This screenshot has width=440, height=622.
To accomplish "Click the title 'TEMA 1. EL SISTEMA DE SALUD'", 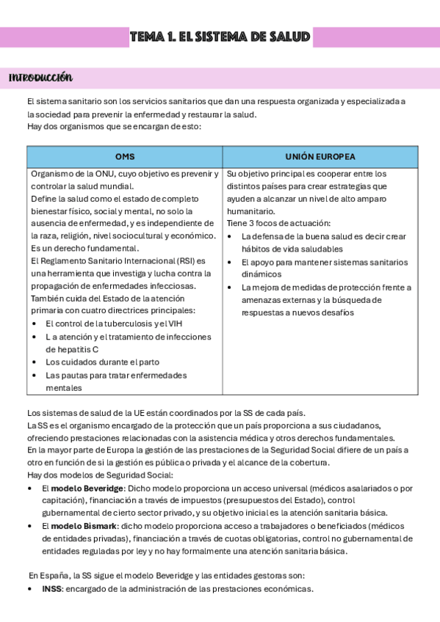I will [x=220, y=37].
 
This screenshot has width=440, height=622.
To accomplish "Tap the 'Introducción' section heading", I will [x=40, y=78].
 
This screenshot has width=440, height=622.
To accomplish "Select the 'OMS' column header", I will [x=125, y=157].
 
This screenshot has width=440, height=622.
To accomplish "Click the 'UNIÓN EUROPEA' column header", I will [x=320, y=157].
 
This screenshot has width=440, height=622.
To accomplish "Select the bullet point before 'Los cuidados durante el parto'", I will [x=35, y=362].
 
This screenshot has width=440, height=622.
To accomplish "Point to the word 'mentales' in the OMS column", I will [x=64, y=388].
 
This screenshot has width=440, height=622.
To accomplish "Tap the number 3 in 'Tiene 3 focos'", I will [x=251, y=223].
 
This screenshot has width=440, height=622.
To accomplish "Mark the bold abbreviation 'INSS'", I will [x=52, y=589].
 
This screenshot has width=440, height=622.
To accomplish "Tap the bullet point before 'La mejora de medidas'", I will [x=231, y=287].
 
